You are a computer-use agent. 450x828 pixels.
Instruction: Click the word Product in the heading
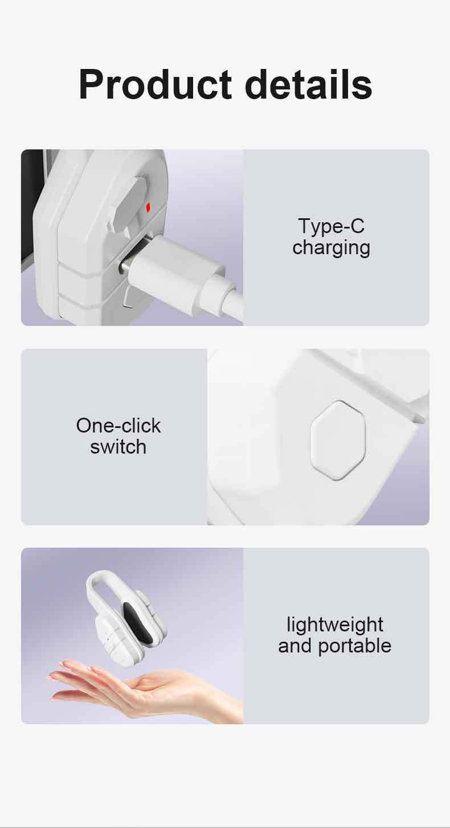(x=155, y=85)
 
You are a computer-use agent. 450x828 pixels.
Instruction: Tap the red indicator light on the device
(x=148, y=208)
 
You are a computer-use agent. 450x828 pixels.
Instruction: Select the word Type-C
(x=332, y=226)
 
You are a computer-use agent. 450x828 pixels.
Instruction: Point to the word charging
(x=332, y=248)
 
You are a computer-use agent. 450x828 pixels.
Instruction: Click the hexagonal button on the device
(x=338, y=440)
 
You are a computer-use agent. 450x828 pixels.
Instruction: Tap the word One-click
(x=118, y=426)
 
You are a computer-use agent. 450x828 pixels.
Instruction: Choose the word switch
(x=118, y=447)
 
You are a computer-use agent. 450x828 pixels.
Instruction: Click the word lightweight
(x=335, y=625)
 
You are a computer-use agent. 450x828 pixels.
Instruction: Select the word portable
(x=355, y=647)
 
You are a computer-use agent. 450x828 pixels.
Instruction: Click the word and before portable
(x=294, y=646)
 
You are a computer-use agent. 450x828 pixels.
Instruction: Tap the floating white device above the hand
(x=126, y=618)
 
